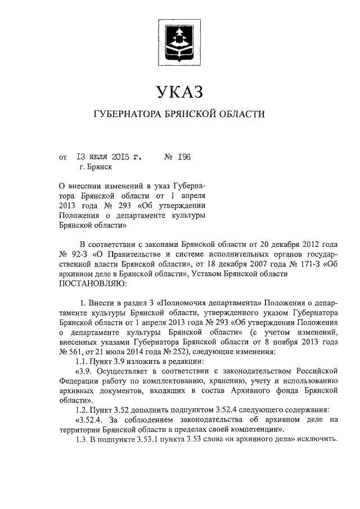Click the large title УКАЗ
pos(179,89)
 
